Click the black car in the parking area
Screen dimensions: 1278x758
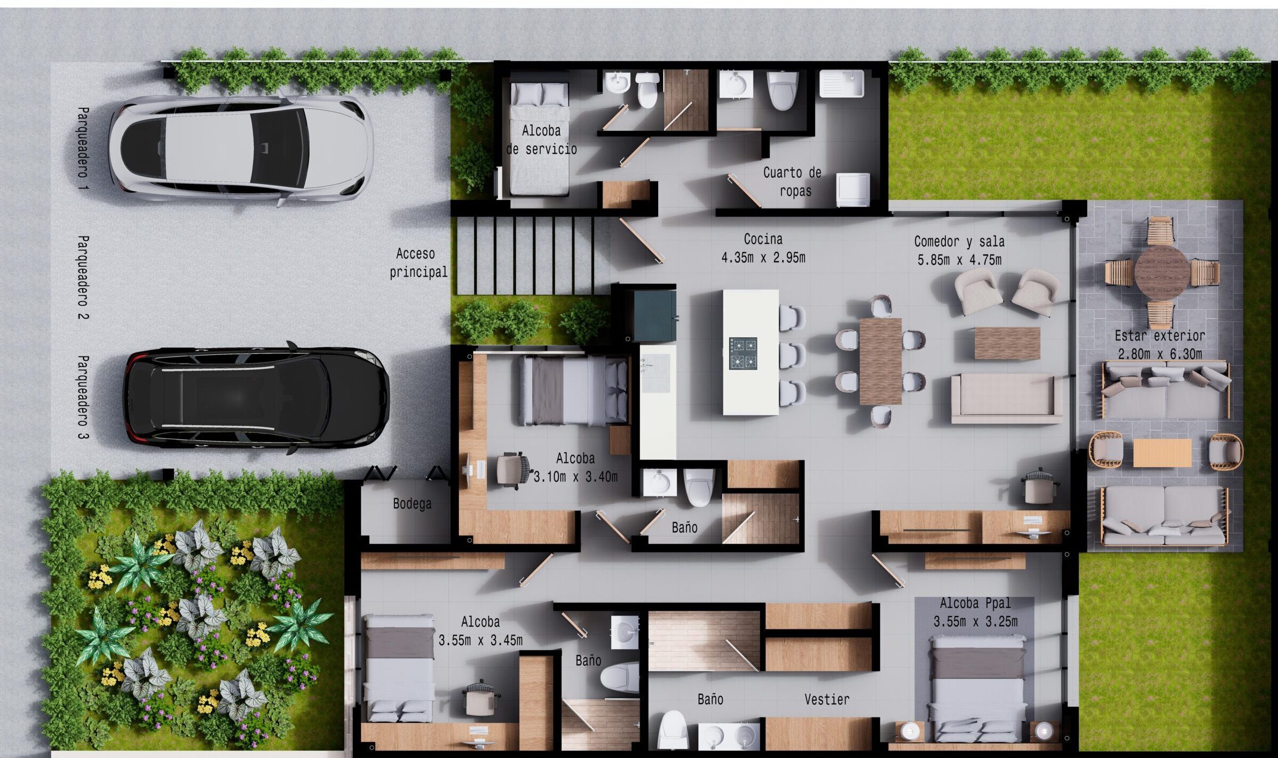point(257,398)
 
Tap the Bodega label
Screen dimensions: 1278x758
point(412,503)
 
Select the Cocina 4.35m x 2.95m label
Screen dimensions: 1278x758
point(763,248)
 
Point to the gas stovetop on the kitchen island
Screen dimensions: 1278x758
point(743,353)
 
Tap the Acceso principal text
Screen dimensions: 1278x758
point(419,263)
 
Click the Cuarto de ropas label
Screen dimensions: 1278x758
point(792,181)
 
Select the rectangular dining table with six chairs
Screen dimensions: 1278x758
point(880,361)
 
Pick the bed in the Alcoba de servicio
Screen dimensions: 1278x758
point(539,139)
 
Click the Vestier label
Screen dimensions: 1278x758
point(827,699)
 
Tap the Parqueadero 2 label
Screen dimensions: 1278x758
point(83,278)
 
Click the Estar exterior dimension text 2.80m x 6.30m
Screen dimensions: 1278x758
point(1160,354)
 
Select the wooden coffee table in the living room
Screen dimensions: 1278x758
point(1007,343)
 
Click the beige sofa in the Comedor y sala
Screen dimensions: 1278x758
point(1007,399)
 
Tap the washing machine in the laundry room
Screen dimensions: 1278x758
point(853,189)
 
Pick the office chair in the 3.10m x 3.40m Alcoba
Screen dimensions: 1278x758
point(514,470)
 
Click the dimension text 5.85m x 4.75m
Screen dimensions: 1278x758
point(959,260)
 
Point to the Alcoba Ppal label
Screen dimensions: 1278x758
point(975,603)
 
